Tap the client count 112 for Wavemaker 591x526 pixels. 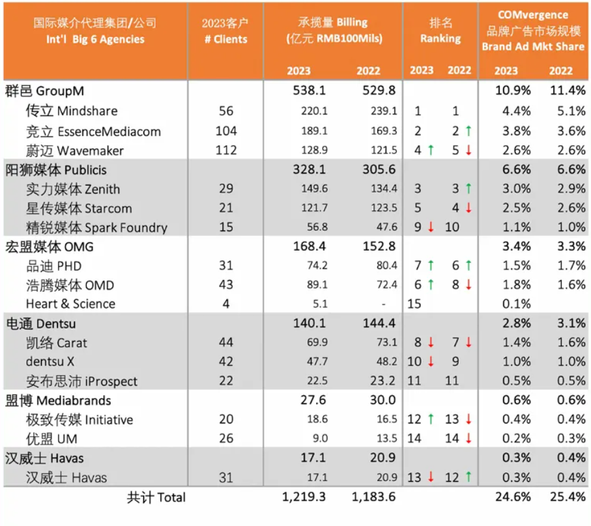225,150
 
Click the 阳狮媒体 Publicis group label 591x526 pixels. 56,170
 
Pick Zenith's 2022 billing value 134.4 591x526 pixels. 384,189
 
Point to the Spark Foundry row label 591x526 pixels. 96,227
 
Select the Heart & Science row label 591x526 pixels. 70,304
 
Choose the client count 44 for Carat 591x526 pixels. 225,342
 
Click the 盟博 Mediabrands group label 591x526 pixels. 58,400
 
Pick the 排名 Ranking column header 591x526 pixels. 440,31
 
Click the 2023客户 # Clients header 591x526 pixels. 225,31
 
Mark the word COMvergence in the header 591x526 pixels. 534,14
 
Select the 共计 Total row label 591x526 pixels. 156,497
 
